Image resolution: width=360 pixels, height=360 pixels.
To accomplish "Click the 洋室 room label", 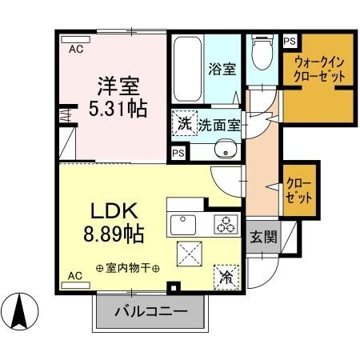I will (x=114, y=85).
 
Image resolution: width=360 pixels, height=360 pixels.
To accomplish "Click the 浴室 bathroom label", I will (x=222, y=69).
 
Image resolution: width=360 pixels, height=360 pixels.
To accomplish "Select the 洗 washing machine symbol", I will (x=184, y=124).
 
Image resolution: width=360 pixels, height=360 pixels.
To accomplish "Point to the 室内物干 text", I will (x=128, y=268).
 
